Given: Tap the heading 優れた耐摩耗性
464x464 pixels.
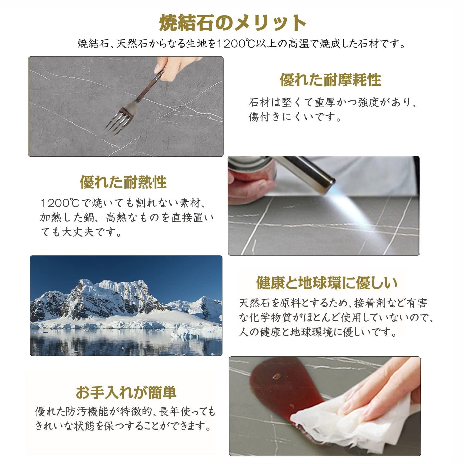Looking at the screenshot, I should tap(330, 79).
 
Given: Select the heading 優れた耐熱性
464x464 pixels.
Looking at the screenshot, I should tap(123, 182).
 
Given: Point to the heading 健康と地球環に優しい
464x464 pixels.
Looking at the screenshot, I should tap(327, 283).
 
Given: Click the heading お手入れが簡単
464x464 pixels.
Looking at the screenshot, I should tap(126, 392).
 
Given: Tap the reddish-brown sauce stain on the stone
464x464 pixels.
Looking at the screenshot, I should tap(273, 385).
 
